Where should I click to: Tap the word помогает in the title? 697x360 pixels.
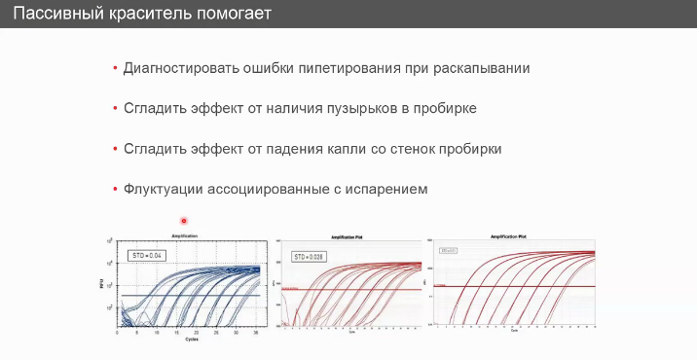234,15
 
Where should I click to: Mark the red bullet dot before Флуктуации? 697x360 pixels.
115,189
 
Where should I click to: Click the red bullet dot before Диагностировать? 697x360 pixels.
115,69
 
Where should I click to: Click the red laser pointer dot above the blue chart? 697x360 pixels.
184,221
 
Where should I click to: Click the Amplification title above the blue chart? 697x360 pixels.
185,236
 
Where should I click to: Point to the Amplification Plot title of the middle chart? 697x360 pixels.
349,236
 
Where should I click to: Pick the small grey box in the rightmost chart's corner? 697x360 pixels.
449,250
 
